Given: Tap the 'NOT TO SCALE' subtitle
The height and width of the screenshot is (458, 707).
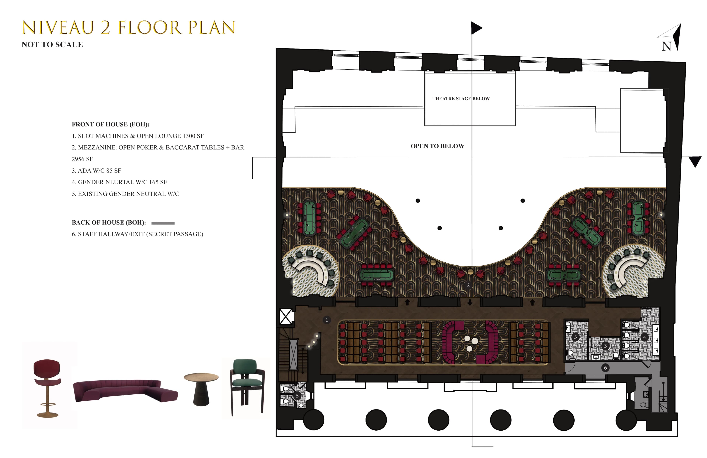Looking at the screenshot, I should [52, 45].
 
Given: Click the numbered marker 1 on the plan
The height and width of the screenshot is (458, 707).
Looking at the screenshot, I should [327, 320].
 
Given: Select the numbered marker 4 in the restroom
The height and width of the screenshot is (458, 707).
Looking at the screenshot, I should [644, 337].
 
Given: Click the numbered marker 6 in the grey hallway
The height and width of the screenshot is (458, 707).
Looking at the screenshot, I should [605, 368].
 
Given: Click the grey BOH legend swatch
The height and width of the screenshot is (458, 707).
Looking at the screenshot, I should [163, 223].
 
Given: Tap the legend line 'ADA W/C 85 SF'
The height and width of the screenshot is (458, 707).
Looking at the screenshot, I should [96, 171].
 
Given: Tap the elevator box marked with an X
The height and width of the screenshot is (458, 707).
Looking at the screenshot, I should [286, 317].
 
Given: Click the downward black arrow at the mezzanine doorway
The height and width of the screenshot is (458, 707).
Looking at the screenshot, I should [470, 302].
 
